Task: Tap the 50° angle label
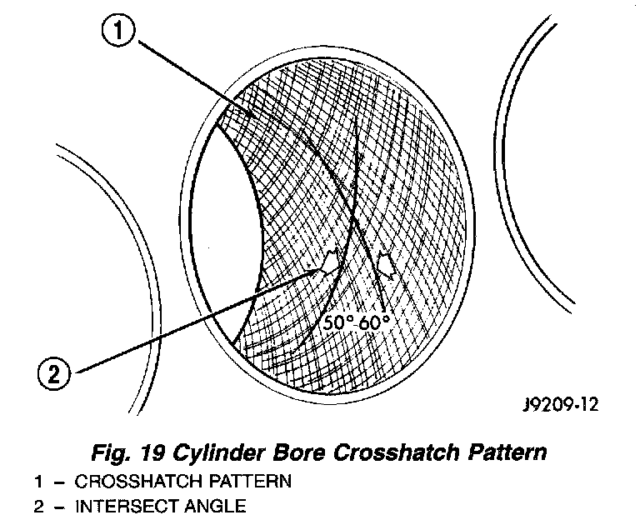[x=337, y=322]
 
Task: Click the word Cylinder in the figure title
[x=210, y=454]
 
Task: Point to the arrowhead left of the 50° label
[x=331, y=261]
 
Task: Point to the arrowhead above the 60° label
[x=386, y=263]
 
